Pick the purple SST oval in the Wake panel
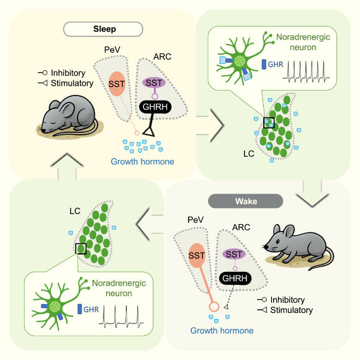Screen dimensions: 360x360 click(x=235, y=254)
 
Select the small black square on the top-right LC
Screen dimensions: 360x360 click(x=268, y=123)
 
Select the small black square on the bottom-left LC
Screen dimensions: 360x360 click(x=81, y=249)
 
